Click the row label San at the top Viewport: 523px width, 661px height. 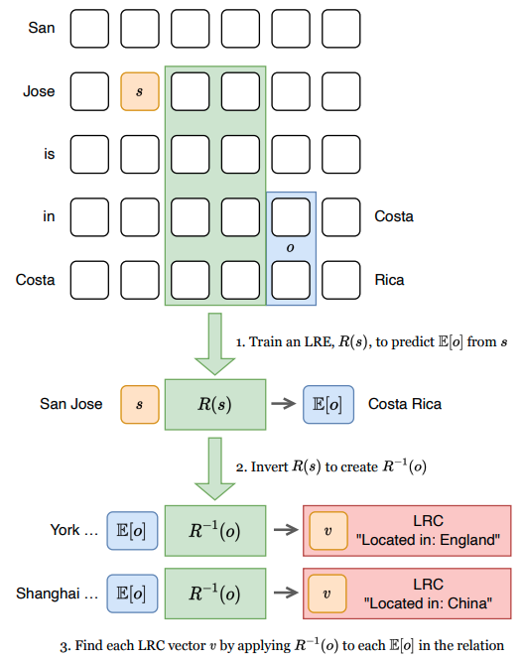click(x=42, y=28)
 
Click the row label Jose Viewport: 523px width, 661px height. click(x=40, y=91)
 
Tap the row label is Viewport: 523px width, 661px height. click(x=49, y=154)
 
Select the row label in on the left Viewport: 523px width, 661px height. click(x=49, y=216)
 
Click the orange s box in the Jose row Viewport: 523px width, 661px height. click(x=139, y=91)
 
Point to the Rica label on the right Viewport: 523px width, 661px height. click(x=389, y=280)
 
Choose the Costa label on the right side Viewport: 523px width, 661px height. click(x=394, y=216)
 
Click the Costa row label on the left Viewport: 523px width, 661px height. click(x=36, y=280)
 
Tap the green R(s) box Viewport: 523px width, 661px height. click(x=215, y=405)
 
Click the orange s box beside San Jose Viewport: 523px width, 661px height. click(x=139, y=405)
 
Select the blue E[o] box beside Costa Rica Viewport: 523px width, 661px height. click(x=327, y=405)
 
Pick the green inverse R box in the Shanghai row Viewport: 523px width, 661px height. click(x=215, y=594)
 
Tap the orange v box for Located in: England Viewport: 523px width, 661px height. click(x=327, y=530)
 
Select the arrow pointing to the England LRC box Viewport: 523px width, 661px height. click(x=284, y=530)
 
